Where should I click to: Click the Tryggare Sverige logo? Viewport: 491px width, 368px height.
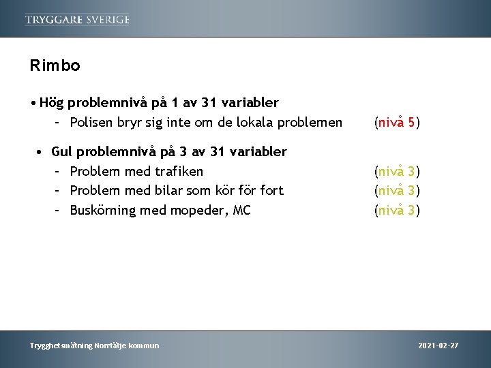click(x=77, y=19)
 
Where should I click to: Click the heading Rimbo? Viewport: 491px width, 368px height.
click(x=55, y=66)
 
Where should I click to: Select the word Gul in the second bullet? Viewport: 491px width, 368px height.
click(x=62, y=151)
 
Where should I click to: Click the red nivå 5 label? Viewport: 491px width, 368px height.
click(x=398, y=123)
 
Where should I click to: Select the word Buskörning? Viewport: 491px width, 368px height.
click(x=103, y=211)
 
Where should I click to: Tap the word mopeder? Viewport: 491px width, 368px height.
click(x=200, y=211)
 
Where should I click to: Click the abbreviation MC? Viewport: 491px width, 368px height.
click(x=242, y=211)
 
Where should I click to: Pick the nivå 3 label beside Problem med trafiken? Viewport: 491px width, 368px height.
click(x=398, y=171)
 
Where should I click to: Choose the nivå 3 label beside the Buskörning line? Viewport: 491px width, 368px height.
click(x=398, y=211)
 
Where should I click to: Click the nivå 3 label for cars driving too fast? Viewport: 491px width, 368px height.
click(x=398, y=191)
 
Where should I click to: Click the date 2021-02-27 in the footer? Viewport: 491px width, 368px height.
click(x=438, y=346)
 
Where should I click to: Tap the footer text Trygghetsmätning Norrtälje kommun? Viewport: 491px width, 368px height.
click(x=94, y=346)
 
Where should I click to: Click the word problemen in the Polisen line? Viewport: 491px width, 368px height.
click(x=311, y=123)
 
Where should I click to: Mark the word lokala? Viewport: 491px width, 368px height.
click(x=254, y=123)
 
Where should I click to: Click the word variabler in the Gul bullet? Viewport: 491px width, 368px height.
click(x=255, y=151)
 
